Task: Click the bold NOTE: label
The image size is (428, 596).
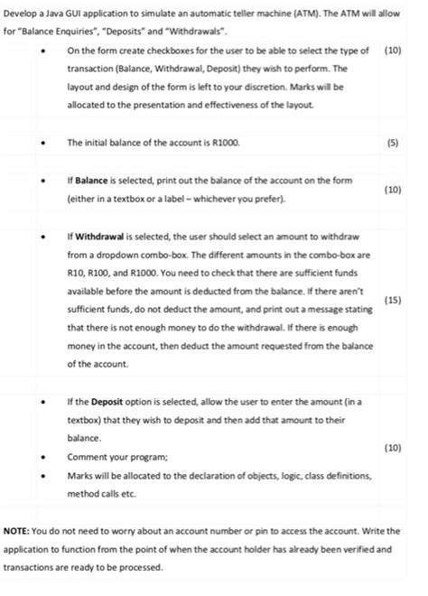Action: pos(20,531)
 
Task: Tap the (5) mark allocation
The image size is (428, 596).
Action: pos(391,143)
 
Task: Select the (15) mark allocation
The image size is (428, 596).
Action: pos(392,299)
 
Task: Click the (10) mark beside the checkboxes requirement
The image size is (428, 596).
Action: pos(392,51)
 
